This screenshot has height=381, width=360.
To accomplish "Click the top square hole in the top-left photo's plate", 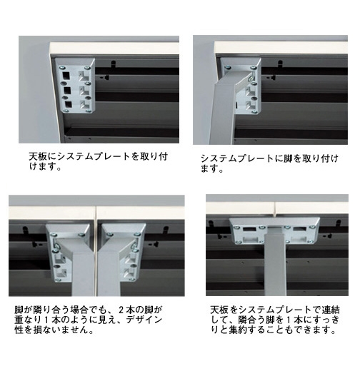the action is point(66,76).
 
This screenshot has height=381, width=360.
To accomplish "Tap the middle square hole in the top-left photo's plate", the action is point(67,91).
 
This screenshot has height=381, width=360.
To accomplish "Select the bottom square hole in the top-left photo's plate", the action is point(69,104).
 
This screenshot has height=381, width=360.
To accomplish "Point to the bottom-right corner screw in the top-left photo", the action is point(89,111).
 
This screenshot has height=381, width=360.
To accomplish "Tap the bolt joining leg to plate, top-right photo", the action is point(251,78).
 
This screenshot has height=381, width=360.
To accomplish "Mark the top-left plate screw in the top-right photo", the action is point(228,68).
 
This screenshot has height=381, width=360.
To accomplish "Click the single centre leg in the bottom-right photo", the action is point(275,263).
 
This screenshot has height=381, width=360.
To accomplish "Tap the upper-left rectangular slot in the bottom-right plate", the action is point(249,229).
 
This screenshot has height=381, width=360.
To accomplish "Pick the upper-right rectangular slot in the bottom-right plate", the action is point(300,229).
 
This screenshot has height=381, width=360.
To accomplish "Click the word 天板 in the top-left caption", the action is point(38,156).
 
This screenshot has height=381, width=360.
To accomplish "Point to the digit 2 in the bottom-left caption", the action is point(121,310).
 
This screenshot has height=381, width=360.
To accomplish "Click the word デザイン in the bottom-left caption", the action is point(144,320).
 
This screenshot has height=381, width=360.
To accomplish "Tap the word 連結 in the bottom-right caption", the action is point(331,310).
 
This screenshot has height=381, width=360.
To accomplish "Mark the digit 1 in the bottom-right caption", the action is point(289,320).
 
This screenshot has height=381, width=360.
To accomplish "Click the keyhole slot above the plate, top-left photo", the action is point(113,63).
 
